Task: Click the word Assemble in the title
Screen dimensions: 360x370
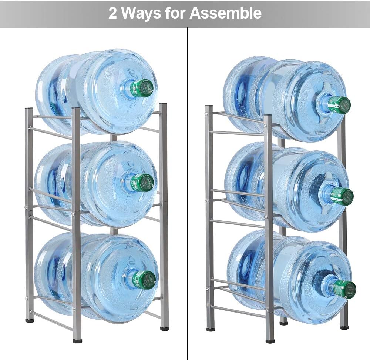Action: click(226, 13)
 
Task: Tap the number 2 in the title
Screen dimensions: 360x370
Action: click(113, 13)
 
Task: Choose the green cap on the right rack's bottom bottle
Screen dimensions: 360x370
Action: click(344, 289)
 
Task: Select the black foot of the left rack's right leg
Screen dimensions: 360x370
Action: click(165, 328)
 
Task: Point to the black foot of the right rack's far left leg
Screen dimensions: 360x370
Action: click(211, 328)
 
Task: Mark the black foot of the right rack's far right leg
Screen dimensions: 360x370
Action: click(344, 327)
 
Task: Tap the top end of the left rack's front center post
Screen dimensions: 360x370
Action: click(76, 109)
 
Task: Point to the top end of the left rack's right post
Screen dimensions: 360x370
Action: click(163, 105)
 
